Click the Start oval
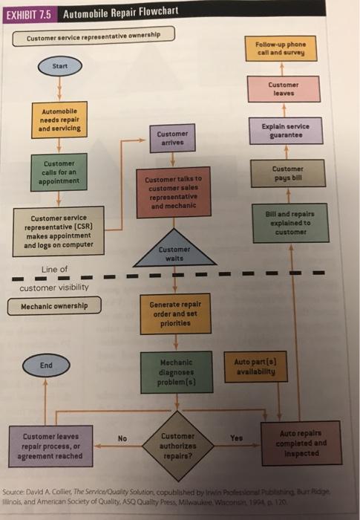61,68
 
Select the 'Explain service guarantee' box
286,131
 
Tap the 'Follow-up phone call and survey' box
285,48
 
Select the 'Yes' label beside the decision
237,438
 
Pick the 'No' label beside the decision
120,438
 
